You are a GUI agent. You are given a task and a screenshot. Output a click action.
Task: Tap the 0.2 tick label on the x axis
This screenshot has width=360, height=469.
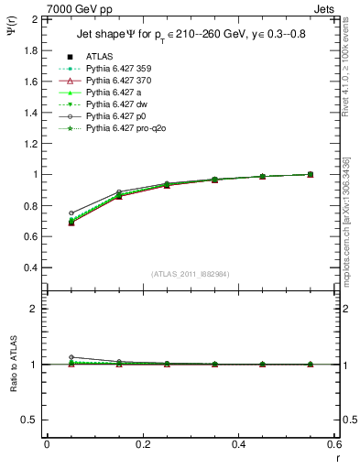point(142,443)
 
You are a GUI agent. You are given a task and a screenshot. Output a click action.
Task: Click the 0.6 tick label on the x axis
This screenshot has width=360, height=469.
point(333,443)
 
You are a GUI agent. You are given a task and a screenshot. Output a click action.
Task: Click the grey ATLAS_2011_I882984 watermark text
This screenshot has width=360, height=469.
point(191,274)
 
